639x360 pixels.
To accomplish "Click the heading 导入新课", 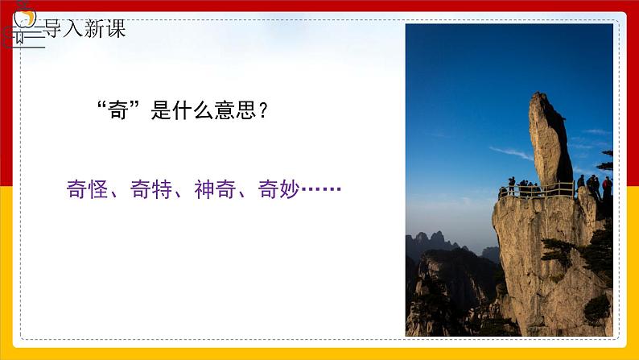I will pos(85,30).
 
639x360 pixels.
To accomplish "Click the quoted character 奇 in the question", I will pos(118,111).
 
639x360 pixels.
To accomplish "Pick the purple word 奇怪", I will pos(89,190).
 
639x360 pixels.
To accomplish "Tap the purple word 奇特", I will pos(152,190).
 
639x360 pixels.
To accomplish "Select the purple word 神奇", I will pos(216,190).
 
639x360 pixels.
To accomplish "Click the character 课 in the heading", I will pos(115,30).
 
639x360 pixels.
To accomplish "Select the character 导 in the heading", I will pos(54,30).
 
